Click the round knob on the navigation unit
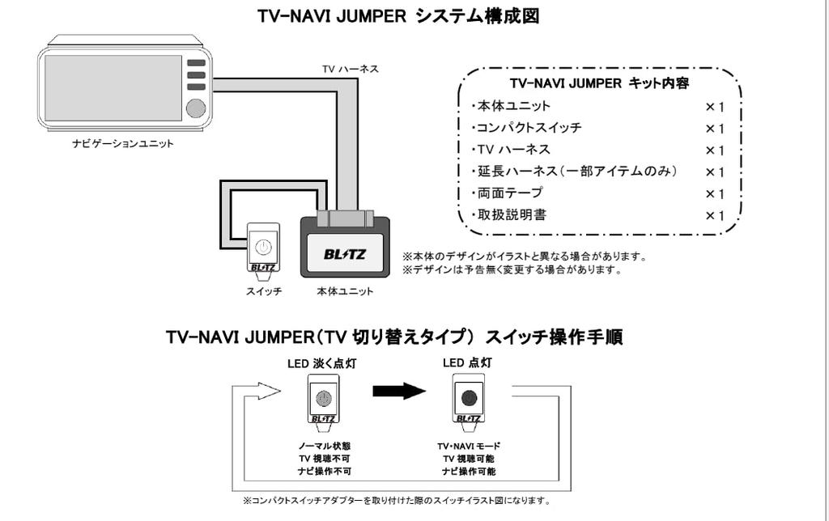tap(195, 108)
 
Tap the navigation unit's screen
tap(113, 87)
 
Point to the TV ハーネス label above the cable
tap(351, 69)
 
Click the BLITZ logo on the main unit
tap(345, 254)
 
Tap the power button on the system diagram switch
tap(264, 248)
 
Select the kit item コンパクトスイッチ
tap(528, 128)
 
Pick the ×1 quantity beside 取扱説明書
tap(714, 215)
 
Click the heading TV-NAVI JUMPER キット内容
tap(599, 83)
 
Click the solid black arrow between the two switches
tap(398, 392)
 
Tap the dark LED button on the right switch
tap(468, 398)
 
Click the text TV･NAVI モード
tap(469, 446)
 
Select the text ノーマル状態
tap(325, 446)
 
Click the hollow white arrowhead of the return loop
tap(268, 392)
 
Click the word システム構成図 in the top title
tap(477, 16)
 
